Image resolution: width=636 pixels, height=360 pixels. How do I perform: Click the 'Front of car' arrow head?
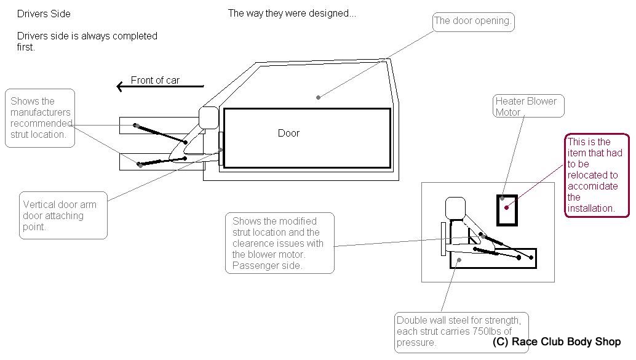point(120,86)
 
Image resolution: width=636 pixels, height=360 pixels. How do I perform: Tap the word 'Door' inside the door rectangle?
point(288,133)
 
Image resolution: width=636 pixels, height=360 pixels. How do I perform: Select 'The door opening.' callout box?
point(474,22)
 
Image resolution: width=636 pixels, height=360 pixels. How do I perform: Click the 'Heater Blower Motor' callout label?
point(528,106)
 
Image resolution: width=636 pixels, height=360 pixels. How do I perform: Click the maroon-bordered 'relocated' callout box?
point(597,175)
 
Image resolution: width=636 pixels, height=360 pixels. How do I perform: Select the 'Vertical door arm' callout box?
point(63,215)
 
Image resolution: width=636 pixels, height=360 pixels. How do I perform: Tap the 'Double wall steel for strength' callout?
point(461,332)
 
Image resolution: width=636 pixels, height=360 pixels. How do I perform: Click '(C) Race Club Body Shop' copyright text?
point(557,342)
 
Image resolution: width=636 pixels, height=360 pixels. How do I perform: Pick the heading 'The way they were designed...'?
point(292,14)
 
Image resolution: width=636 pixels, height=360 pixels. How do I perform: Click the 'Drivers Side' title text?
point(44,14)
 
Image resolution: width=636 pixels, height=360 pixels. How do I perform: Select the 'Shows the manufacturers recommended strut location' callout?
point(40,118)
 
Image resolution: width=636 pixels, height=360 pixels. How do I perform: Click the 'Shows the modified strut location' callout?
point(280,243)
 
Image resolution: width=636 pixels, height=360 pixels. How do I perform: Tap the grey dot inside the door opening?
point(319,97)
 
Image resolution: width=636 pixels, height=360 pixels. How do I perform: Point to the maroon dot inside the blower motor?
point(507,207)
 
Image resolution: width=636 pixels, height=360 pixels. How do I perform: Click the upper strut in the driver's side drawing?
point(161,134)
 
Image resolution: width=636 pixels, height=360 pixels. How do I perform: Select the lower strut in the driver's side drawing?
point(162,161)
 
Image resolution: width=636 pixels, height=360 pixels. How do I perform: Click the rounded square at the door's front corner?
point(209,118)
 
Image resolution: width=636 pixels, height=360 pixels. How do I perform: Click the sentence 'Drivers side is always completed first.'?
point(87,41)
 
